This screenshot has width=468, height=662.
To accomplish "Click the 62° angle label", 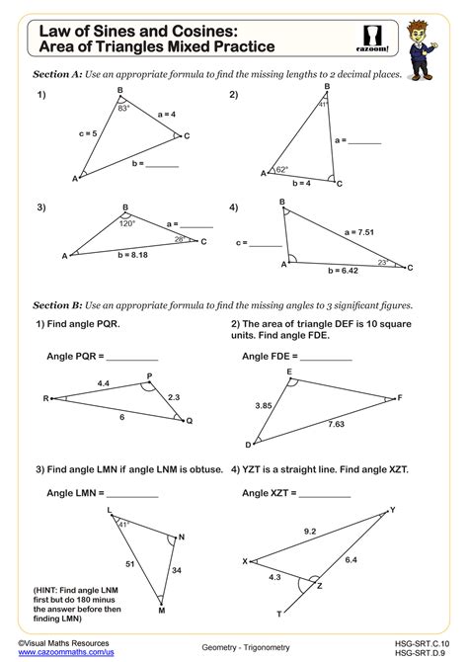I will tap(282, 169).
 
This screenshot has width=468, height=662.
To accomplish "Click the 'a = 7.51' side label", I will tap(360, 231).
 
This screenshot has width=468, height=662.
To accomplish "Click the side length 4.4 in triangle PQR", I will tap(103, 381).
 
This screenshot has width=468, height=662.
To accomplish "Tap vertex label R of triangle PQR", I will tap(45, 398).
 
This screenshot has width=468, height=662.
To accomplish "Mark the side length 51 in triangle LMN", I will tap(128, 563).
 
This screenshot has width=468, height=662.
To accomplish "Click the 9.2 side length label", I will tap(310, 531).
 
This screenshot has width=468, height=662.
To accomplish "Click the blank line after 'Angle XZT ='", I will tap(325, 493).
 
